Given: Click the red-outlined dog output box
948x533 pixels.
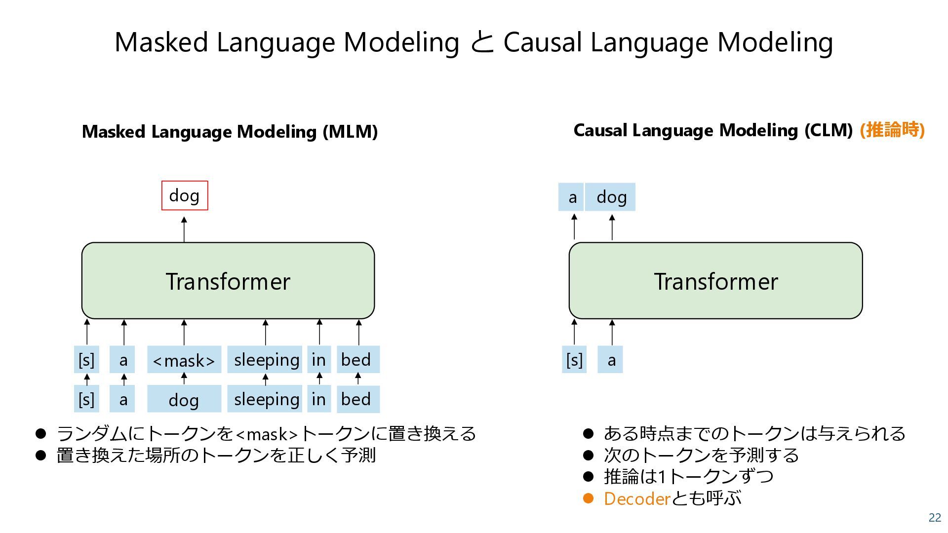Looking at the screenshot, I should click(185, 195).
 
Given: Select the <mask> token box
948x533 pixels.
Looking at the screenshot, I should click(184, 360).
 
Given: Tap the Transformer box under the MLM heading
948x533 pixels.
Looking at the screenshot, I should click(228, 280).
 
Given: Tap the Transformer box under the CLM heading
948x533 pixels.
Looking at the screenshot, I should click(715, 280).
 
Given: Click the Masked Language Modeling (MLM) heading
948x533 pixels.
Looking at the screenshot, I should click(230, 132).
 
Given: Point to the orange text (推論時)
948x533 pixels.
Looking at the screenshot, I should click(892, 130).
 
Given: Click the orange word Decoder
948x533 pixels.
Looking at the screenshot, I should click(636, 499).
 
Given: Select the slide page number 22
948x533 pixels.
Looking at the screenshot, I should click(935, 517).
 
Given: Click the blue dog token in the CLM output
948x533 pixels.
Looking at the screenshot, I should click(611, 197).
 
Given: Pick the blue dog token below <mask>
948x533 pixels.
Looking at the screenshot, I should click(184, 399).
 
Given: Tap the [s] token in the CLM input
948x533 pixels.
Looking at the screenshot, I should click(574, 360).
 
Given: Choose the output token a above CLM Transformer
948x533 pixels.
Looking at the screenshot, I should click(572, 197).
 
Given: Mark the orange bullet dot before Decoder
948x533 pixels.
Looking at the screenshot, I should click(588, 498).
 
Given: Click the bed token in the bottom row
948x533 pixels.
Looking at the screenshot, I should click(358, 399).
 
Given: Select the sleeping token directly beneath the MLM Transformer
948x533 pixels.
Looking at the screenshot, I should click(266, 360).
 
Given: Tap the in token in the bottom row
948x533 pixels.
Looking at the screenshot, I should click(319, 399).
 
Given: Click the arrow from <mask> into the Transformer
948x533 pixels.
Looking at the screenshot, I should click(184, 333).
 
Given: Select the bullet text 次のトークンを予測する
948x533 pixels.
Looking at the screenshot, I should click(701, 455).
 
